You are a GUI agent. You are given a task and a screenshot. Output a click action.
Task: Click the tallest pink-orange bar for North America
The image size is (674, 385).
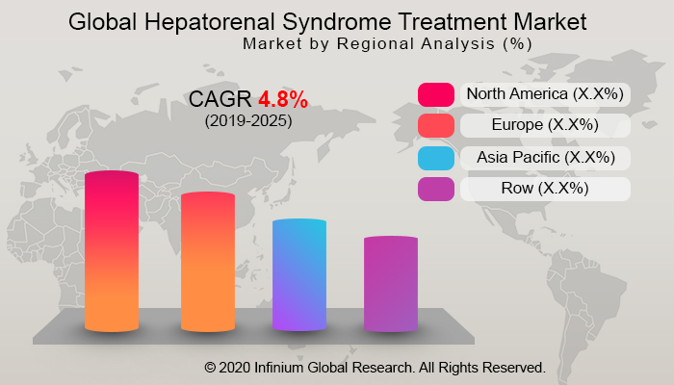click(112, 252)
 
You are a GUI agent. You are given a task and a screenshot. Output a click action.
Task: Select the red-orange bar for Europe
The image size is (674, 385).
click(207, 262)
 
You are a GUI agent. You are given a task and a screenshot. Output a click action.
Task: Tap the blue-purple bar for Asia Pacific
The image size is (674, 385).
click(299, 275)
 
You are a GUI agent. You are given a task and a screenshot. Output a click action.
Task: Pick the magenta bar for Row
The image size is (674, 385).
click(391, 284)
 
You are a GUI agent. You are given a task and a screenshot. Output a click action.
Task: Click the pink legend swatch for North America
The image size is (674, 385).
click(435, 94)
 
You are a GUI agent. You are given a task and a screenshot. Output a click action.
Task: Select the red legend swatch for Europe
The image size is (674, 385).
click(435, 126)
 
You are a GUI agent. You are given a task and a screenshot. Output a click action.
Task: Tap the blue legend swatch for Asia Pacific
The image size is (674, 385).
click(435, 158)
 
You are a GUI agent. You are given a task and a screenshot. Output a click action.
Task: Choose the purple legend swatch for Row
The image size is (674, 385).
click(435, 190)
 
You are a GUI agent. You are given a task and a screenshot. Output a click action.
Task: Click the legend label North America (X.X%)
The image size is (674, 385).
click(545, 94)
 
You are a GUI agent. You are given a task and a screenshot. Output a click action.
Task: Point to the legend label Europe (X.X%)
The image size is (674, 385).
click(545, 125)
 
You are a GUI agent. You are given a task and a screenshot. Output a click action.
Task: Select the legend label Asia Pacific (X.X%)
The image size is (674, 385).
click(545, 157)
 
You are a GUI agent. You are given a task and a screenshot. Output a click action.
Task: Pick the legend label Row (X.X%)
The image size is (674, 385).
click(545, 189)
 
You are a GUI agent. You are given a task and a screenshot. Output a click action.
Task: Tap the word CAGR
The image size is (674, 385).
click(220, 99)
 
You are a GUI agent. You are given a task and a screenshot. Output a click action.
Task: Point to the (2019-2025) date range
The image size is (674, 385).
click(248, 121)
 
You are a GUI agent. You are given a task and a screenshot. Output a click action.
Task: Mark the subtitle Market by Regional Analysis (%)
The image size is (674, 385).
click(387, 44)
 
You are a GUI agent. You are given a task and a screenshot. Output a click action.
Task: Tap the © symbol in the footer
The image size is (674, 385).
click(210, 368)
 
